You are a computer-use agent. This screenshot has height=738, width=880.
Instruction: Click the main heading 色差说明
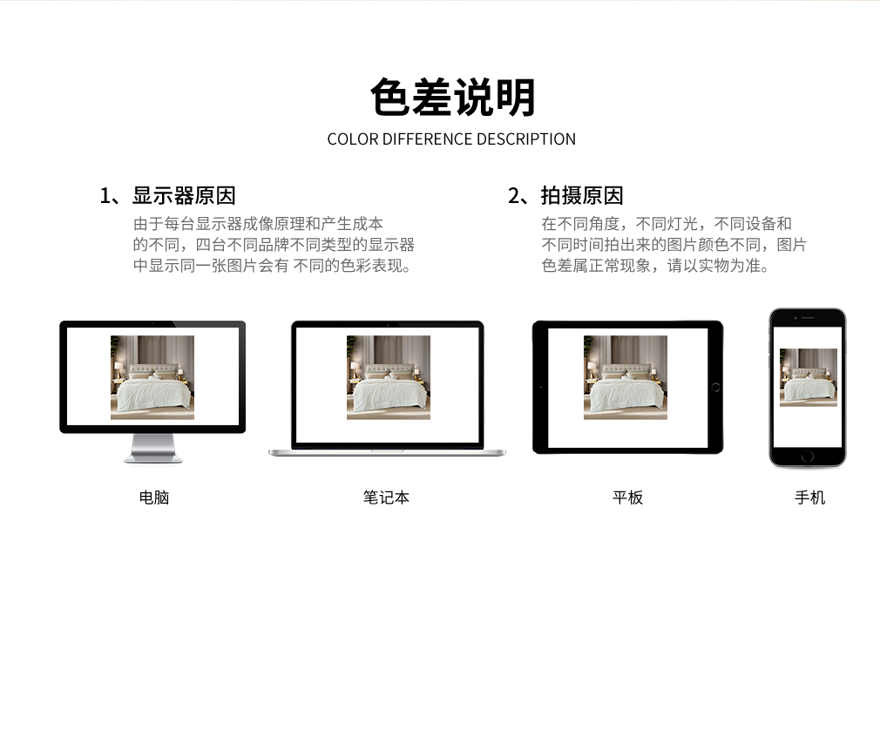452,98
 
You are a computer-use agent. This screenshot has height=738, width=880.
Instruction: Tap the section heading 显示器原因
184,196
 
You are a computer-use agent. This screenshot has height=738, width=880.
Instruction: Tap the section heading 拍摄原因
582,196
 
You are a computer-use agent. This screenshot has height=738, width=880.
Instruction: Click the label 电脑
153,498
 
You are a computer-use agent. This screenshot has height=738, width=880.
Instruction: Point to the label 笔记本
386,498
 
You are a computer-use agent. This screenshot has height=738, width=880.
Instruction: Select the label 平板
627,498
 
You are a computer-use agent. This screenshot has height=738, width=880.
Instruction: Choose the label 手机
809,498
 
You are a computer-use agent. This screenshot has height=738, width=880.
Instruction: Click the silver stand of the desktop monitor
152,449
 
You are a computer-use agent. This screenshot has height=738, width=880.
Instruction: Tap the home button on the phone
808,457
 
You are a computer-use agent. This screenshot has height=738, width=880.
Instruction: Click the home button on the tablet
715,387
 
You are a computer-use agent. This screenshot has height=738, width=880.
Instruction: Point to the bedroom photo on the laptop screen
389,377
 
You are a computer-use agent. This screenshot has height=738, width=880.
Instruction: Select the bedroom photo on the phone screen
809,377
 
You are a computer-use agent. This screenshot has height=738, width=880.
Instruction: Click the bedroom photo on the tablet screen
626,377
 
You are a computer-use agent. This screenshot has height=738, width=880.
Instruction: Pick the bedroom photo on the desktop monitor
152,377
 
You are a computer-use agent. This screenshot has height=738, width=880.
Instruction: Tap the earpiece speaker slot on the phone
808,318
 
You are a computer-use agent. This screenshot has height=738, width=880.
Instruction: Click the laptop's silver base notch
387,450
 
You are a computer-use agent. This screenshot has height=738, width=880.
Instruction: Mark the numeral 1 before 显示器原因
105,196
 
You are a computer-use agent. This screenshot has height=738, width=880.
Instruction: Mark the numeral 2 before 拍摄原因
514,196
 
